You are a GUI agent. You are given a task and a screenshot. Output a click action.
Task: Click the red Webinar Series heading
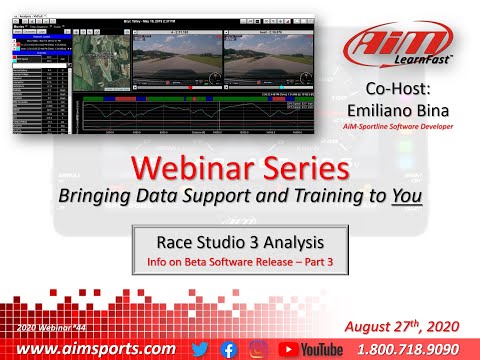pos(240,166)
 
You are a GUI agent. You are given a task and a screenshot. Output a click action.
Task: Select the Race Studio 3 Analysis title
pos(240,242)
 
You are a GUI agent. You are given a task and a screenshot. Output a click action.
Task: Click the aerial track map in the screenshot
pos(103,61)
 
